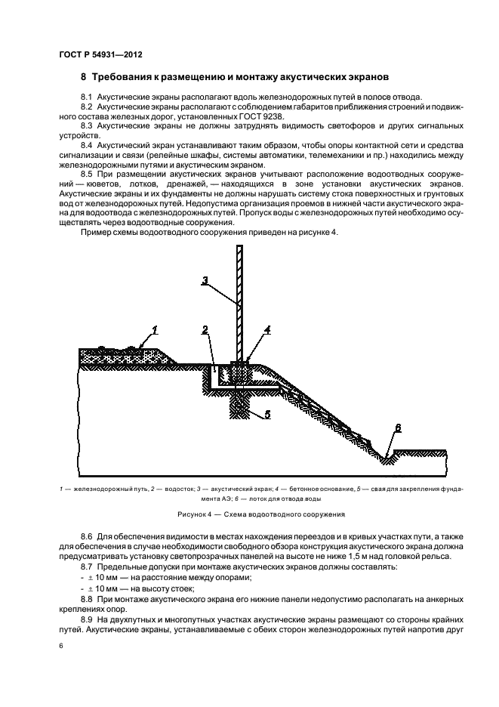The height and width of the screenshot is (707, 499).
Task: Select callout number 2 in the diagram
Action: click(205, 329)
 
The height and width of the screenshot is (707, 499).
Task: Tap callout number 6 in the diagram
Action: click(397, 428)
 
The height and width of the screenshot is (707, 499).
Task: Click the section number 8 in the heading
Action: click(83, 77)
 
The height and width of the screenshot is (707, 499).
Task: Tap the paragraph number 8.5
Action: click(87, 172)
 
